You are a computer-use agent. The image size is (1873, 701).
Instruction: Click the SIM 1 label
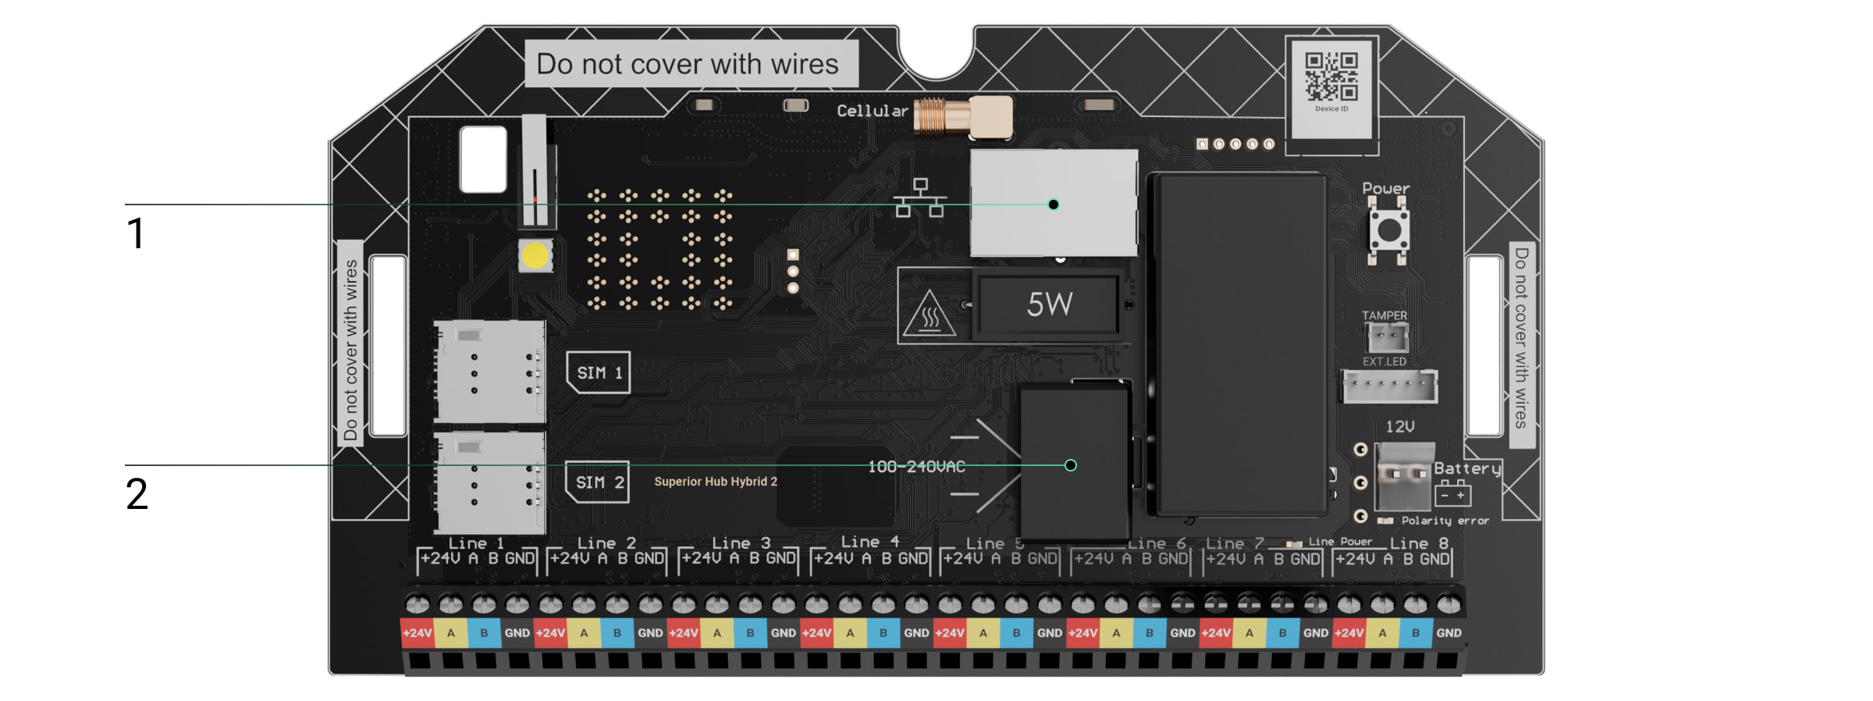(x=599, y=372)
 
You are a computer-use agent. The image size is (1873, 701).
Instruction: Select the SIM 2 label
(x=598, y=482)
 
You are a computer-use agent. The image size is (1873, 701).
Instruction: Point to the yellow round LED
(x=535, y=255)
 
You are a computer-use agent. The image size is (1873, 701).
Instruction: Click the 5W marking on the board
(x=1050, y=304)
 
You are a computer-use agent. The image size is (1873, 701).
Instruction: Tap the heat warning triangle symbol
(x=929, y=315)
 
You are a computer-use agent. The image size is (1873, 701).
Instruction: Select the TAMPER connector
(x=1388, y=338)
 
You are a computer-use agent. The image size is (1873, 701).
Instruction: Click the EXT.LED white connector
(x=1389, y=386)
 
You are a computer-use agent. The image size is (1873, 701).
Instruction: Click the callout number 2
(x=137, y=494)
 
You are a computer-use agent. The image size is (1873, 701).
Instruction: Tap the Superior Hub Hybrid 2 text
(x=716, y=482)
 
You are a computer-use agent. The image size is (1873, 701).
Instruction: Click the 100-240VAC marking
(x=916, y=467)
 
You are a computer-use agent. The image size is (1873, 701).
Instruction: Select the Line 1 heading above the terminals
(x=476, y=543)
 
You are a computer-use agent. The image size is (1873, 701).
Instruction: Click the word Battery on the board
(x=1467, y=468)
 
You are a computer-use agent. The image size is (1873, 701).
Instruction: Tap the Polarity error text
(x=1445, y=521)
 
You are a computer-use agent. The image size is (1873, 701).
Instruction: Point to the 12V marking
(x=1399, y=426)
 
